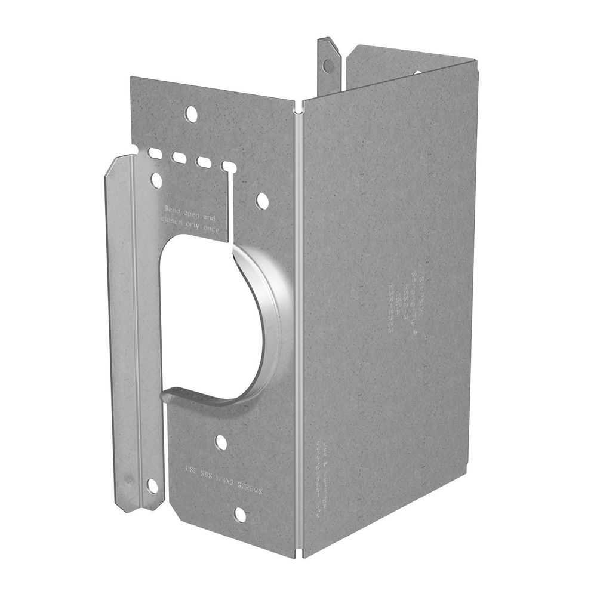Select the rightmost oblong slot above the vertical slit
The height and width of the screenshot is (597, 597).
point(227,166)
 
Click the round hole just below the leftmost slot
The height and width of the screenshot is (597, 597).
point(157,177)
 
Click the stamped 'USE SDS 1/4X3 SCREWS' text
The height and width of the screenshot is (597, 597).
point(224,479)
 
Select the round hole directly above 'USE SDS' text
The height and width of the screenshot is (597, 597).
point(221,442)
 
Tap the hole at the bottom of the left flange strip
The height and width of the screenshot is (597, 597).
point(152,485)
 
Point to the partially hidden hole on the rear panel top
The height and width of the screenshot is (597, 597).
point(417,73)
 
